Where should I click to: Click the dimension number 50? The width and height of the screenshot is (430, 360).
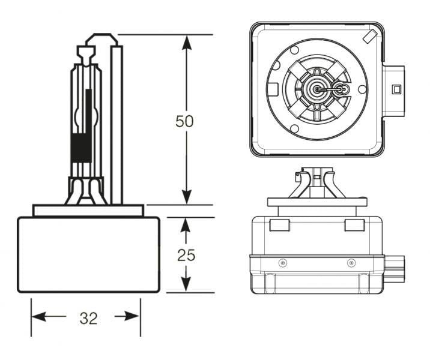tap(185, 121)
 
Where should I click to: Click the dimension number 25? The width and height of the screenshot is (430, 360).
tap(186, 255)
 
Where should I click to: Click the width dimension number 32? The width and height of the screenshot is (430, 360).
tap(88, 318)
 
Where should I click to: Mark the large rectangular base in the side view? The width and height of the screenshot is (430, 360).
tap(88, 255)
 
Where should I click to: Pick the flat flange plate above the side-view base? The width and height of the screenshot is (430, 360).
tap(88, 211)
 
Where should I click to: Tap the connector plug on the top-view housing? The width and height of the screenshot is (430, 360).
tap(393, 89)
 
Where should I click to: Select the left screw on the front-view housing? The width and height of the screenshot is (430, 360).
tap(282, 263)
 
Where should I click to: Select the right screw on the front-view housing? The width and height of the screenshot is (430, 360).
tap(351, 263)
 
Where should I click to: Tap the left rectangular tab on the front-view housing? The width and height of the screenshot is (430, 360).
tap(279, 225)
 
